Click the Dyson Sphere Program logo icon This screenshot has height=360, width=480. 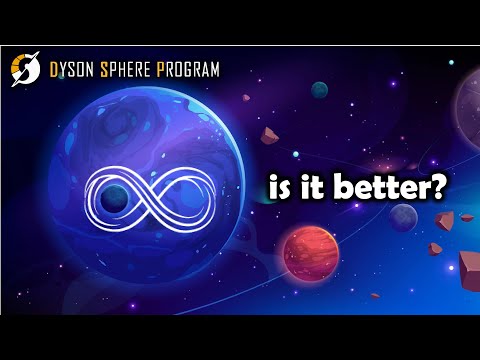[25, 69]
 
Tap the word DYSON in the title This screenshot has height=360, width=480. [77, 70]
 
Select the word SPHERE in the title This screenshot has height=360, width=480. [135, 70]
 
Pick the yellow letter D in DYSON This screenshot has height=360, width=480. [54, 70]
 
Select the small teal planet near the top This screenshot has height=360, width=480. [319, 90]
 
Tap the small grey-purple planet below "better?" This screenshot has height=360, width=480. [402, 218]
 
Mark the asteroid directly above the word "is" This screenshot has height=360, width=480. [270, 137]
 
